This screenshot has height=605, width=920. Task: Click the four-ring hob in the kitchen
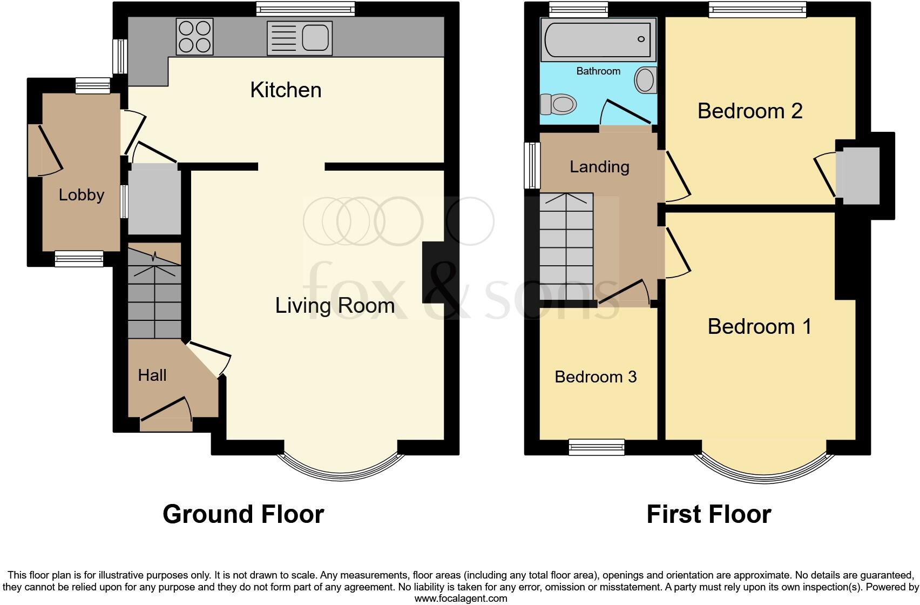(x=194, y=37)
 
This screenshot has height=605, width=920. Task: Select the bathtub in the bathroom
(x=598, y=39)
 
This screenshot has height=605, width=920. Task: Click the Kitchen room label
(x=286, y=90)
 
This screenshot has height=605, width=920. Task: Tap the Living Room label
(x=335, y=306)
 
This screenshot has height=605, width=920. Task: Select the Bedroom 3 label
(x=596, y=377)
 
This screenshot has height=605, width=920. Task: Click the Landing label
(x=599, y=166)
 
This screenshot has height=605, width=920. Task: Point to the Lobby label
(x=81, y=194)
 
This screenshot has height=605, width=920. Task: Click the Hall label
(x=152, y=375)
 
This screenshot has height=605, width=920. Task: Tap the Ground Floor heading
(x=243, y=514)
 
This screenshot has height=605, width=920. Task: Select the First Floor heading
(x=708, y=514)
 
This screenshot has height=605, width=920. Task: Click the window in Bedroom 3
(x=597, y=446)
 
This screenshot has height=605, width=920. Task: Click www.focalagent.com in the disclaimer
(x=460, y=598)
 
